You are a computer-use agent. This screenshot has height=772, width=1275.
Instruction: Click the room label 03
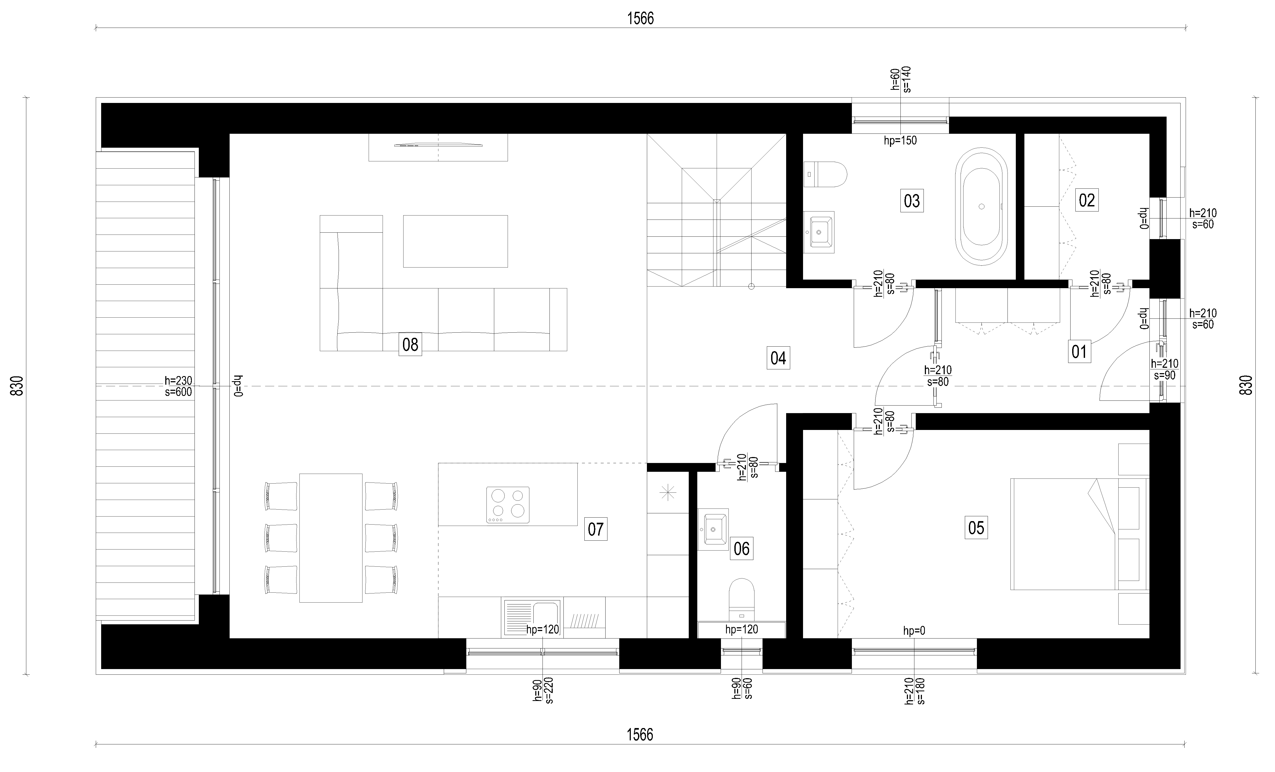click(912, 201)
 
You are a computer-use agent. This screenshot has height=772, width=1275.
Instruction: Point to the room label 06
click(742, 549)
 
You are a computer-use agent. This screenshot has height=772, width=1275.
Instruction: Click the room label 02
click(1087, 200)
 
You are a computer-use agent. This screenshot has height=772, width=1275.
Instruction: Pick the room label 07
click(596, 529)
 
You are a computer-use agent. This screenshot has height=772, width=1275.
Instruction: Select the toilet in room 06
click(742, 600)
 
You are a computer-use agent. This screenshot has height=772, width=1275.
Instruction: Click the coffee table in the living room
click(455, 241)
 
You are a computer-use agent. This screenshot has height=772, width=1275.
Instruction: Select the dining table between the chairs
click(331, 538)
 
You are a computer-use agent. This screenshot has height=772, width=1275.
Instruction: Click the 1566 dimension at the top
click(640, 18)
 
